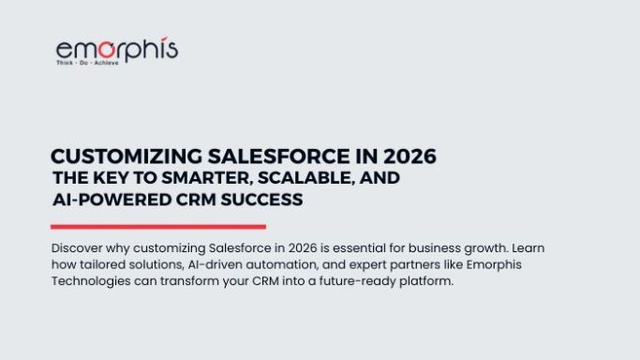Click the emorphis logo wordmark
[x=116, y=50]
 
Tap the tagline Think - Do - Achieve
[x=86, y=65]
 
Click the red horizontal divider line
[x=157, y=226]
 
